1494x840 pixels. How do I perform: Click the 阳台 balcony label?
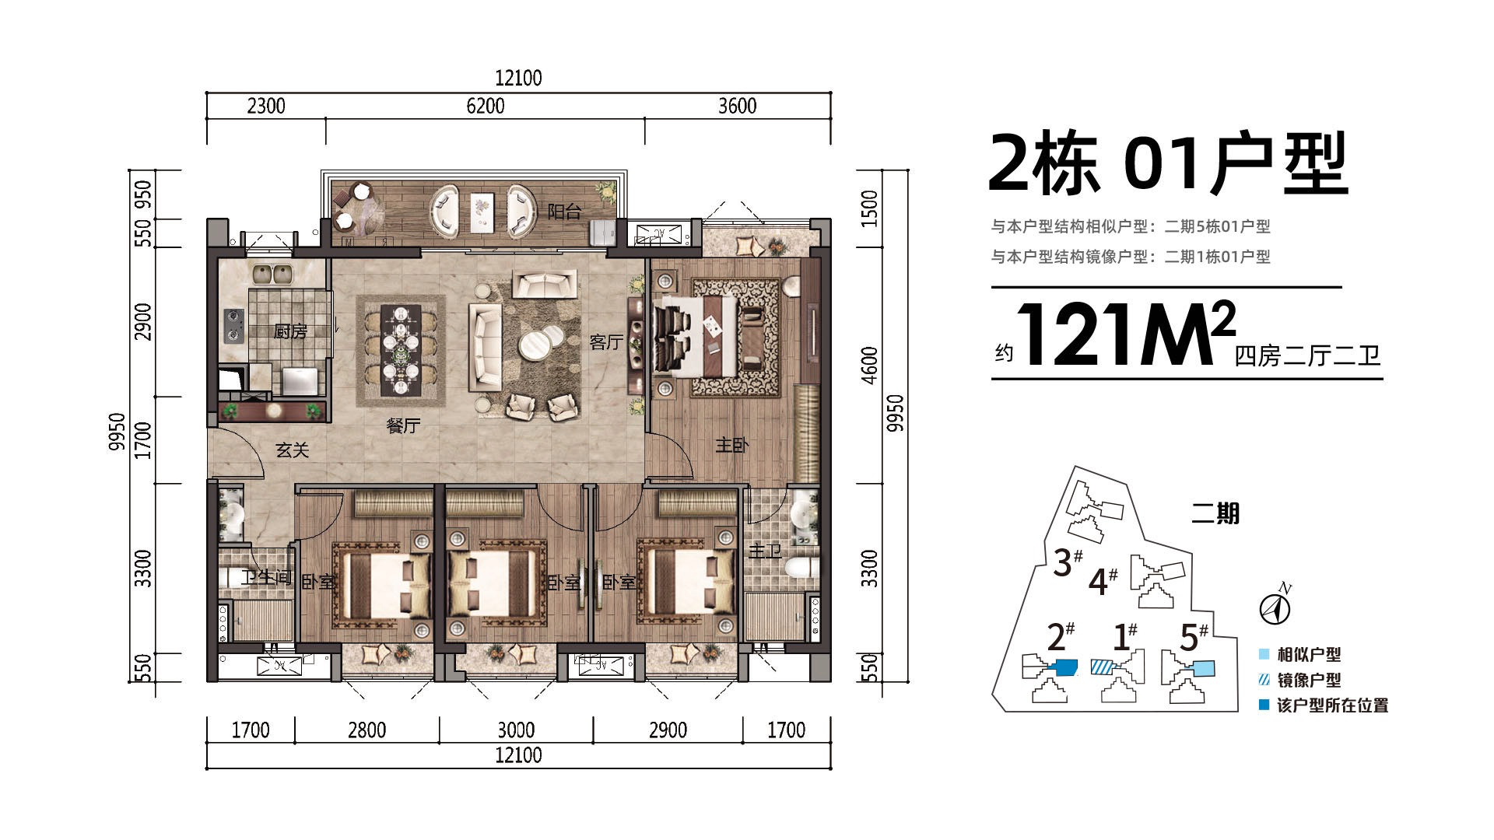(564, 211)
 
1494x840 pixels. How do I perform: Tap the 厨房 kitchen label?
(291, 332)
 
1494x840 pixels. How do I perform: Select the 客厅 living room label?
(606, 342)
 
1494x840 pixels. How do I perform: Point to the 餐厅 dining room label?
(403, 425)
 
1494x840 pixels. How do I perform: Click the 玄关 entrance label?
(293, 450)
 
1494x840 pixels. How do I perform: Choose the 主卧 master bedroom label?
(732, 445)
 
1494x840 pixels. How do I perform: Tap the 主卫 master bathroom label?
(765, 551)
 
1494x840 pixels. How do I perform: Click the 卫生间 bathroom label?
(265, 578)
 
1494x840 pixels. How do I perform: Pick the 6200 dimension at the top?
(486, 106)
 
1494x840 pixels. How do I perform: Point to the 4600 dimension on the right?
(870, 366)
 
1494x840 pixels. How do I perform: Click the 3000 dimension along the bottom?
(516, 730)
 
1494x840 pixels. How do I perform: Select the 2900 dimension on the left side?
(143, 322)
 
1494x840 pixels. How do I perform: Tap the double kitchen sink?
(272, 274)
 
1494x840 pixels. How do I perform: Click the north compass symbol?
(1274, 607)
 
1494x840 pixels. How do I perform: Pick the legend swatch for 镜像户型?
(1264, 680)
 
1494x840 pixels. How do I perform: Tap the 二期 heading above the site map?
(1215, 514)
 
